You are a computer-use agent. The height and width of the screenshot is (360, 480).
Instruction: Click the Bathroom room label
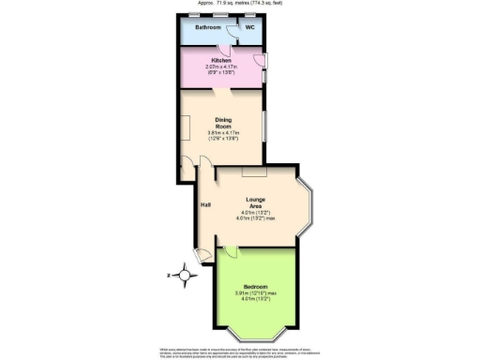(x=207, y=27)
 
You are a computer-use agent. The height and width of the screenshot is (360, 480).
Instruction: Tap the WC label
(x=250, y=27)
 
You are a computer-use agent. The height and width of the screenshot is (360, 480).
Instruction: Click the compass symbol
(x=185, y=276)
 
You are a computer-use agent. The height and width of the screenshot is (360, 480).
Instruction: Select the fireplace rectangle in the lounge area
(x=254, y=172)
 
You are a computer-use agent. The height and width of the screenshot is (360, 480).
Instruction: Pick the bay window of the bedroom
(x=255, y=332)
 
